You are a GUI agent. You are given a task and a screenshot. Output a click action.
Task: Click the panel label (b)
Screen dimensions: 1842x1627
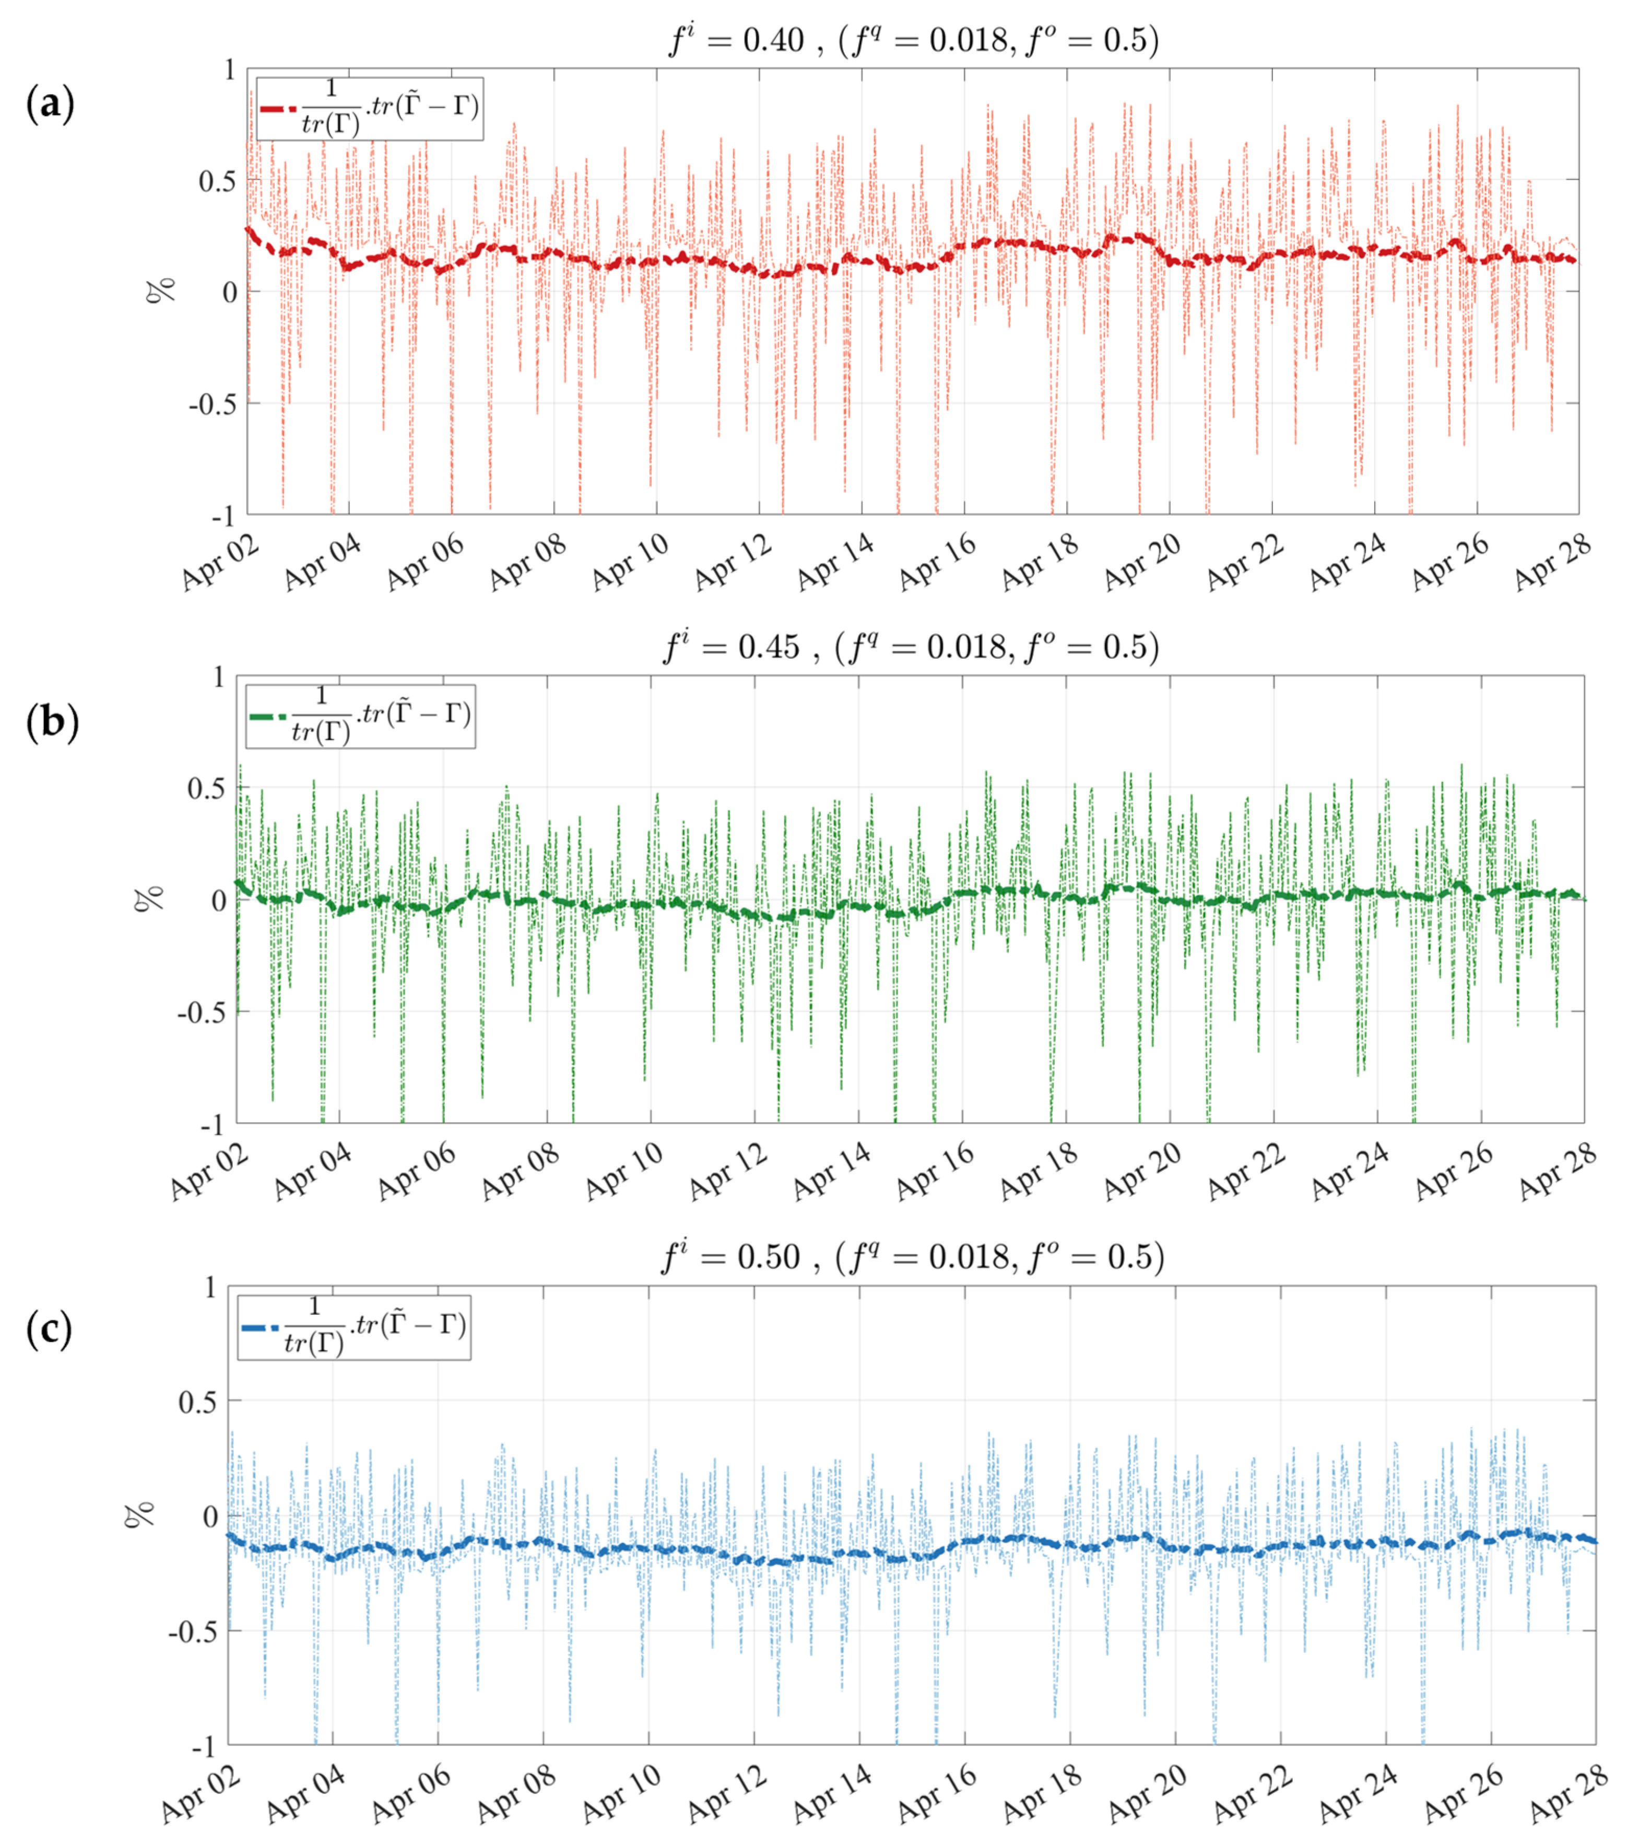[52, 722]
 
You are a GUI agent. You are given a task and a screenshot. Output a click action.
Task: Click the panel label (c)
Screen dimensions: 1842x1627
[49, 1330]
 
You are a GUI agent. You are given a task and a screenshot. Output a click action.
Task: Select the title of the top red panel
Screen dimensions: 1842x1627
[913, 41]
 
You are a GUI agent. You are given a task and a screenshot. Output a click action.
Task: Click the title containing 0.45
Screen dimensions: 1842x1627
[911, 647]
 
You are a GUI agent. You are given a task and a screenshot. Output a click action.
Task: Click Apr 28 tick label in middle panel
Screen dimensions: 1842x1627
[1557, 1172]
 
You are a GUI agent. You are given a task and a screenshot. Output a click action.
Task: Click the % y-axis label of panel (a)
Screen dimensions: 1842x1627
[163, 291]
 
